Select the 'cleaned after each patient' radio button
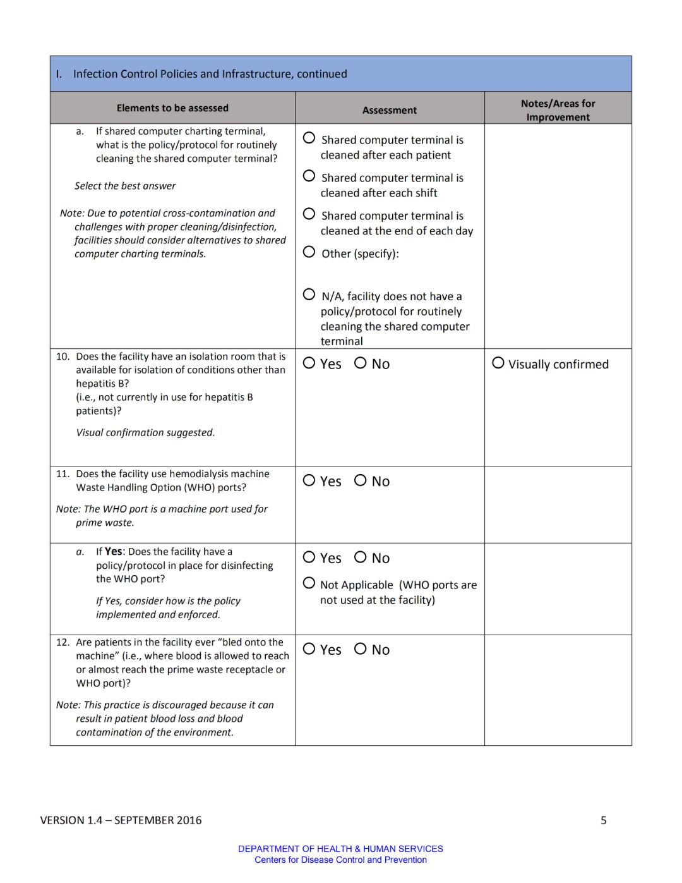click(309, 138)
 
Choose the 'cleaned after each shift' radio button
click(309, 176)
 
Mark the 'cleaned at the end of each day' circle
click(309, 214)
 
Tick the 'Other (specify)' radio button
click(309, 252)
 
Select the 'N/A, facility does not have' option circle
click(309, 294)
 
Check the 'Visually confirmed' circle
click(498, 363)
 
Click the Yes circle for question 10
click(309, 363)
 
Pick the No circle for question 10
click(360, 363)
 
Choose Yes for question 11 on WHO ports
click(309, 480)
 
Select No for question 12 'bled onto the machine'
click(360, 649)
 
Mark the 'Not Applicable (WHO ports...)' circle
click(309, 583)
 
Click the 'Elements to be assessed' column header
click(172, 108)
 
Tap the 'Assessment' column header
click(390, 110)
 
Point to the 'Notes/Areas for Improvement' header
click(558, 110)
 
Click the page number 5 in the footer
click(604, 820)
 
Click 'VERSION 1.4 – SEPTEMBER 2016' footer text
click(121, 820)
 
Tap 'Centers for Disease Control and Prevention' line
click(340, 860)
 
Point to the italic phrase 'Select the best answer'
click(125, 186)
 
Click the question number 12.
click(63, 642)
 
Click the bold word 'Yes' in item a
click(114, 552)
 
